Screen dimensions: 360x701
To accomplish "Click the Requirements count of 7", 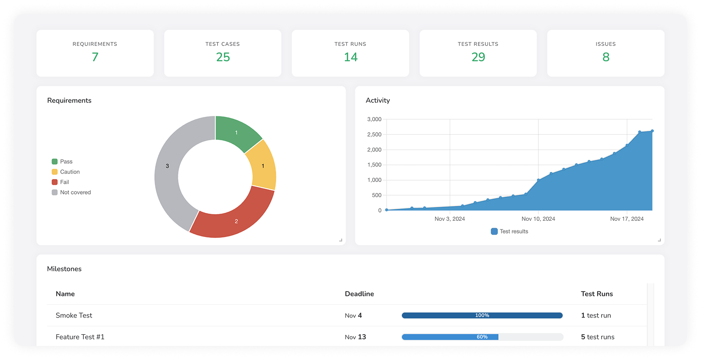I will pyautogui.click(x=95, y=57).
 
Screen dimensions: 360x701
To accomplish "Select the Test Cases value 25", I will pyautogui.click(x=223, y=57).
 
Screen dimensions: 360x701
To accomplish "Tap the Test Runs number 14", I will pyautogui.click(x=350, y=57).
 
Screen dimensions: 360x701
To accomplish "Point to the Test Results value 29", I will pyautogui.click(x=478, y=57).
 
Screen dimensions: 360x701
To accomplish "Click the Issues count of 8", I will pyautogui.click(x=606, y=57).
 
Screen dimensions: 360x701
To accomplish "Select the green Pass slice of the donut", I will pyautogui.click(x=236, y=133).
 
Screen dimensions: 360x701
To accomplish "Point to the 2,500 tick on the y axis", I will pyautogui.click(x=374, y=135).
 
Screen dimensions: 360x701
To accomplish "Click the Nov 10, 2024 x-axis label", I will pyautogui.click(x=538, y=219).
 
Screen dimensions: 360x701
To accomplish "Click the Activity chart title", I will pyautogui.click(x=378, y=101).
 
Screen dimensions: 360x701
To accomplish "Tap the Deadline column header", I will pyautogui.click(x=359, y=294).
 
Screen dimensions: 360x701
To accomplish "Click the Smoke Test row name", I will pyautogui.click(x=74, y=315).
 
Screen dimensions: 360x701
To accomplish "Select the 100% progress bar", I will pyautogui.click(x=482, y=316).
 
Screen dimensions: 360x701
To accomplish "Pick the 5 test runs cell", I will pyautogui.click(x=598, y=337).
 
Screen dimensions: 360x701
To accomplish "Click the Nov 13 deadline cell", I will pyautogui.click(x=355, y=337).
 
